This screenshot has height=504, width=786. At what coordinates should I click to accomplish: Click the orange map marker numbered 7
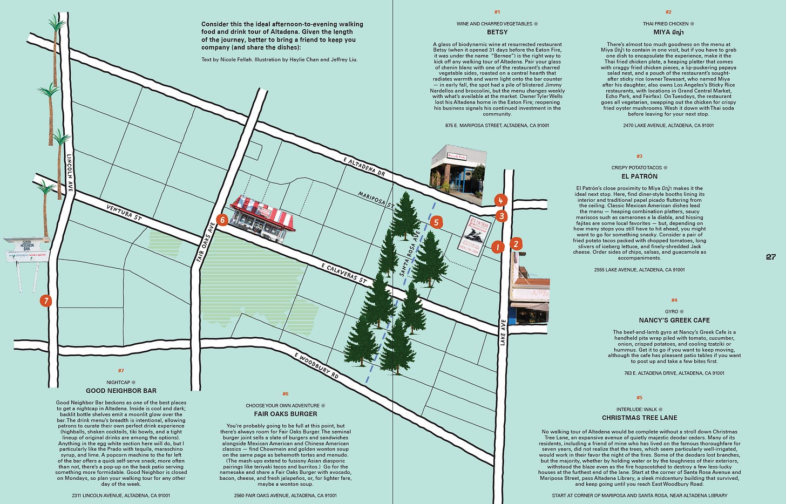[45, 301]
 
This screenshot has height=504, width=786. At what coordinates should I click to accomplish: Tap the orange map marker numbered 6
[222, 220]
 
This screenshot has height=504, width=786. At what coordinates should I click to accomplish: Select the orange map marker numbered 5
[437, 222]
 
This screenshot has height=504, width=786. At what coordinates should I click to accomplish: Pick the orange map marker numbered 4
[500, 201]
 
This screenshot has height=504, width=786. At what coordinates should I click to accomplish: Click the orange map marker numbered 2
[516, 243]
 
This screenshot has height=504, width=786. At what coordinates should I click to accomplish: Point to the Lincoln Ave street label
[70, 172]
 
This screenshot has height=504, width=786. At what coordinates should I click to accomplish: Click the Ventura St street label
[124, 212]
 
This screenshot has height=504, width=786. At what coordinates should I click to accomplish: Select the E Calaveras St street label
[343, 275]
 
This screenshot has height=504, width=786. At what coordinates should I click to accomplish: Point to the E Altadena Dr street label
[364, 168]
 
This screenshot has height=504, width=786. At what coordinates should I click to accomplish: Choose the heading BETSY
[497, 32]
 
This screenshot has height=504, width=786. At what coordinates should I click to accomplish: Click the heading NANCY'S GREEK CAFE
[674, 320]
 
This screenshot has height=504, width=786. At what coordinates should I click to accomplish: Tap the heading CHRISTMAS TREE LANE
[639, 418]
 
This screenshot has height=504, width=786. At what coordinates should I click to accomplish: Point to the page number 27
[770, 257]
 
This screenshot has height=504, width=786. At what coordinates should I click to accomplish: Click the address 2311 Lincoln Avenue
[121, 495]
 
